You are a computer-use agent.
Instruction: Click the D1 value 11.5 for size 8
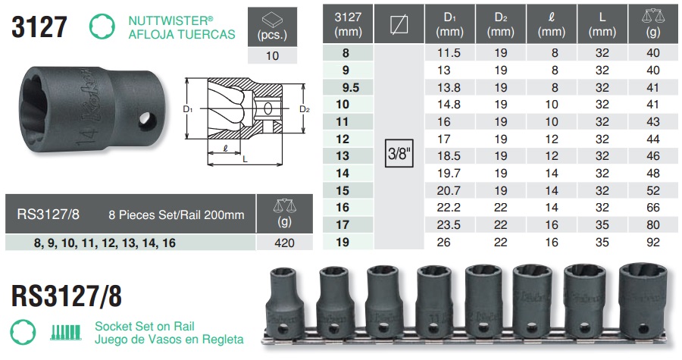[x=449, y=53]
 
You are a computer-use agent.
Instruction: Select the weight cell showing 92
[x=653, y=243]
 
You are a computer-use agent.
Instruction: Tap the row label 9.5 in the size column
[x=351, y=88]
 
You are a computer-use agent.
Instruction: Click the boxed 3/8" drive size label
[x=399, y=153]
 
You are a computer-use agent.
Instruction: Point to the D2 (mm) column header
[x=501, y=24]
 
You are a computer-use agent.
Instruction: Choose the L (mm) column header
[x=602, y=24]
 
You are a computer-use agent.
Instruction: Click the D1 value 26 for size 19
[x=443, y=243]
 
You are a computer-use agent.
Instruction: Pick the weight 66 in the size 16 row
[x=653, y=208]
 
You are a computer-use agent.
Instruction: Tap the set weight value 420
[x=284, y=243]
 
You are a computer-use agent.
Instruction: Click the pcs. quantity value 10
[x=272, y=56]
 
